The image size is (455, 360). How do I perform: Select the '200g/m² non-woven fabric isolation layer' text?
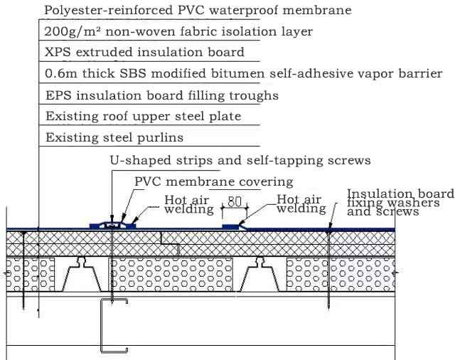178,32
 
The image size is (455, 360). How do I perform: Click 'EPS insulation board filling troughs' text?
161,95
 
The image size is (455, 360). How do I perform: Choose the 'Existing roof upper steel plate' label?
143,116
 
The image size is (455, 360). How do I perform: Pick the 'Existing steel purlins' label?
114,137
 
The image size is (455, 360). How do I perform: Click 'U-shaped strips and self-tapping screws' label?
240,161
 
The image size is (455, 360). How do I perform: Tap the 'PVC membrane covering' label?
214,182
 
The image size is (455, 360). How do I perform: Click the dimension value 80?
234,201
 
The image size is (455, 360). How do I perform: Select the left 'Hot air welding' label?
188,205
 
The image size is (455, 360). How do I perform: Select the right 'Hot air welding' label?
301,205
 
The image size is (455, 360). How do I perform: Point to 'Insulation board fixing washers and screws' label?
399,203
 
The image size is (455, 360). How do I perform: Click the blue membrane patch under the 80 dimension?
233,226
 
